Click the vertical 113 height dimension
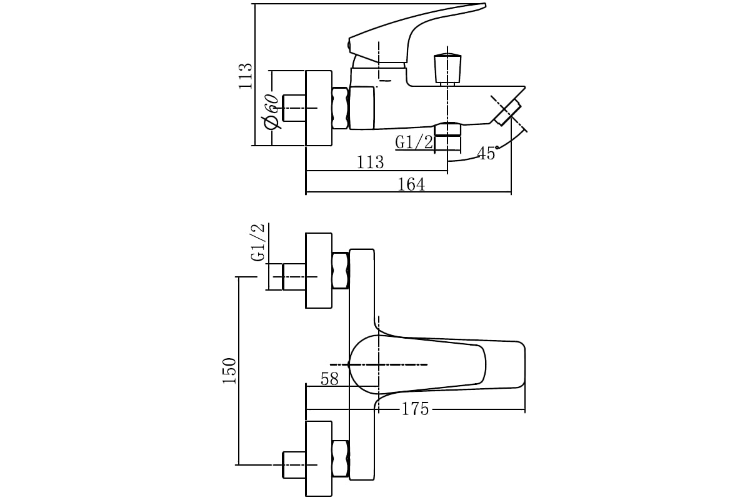pos(246,76)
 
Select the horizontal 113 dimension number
pos(370,162)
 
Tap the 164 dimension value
pos(411,184)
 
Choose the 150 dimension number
pos(230,371)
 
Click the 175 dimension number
pos(415,409)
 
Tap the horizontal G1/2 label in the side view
pos(414,142)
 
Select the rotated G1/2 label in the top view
pos(258,242)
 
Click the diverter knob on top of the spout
pos(447,68)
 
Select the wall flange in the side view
pos(318,108)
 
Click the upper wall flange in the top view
pos(318,271)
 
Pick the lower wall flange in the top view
pos(318,459)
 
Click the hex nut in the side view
pos(341,108)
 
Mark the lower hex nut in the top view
pos(341,459)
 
